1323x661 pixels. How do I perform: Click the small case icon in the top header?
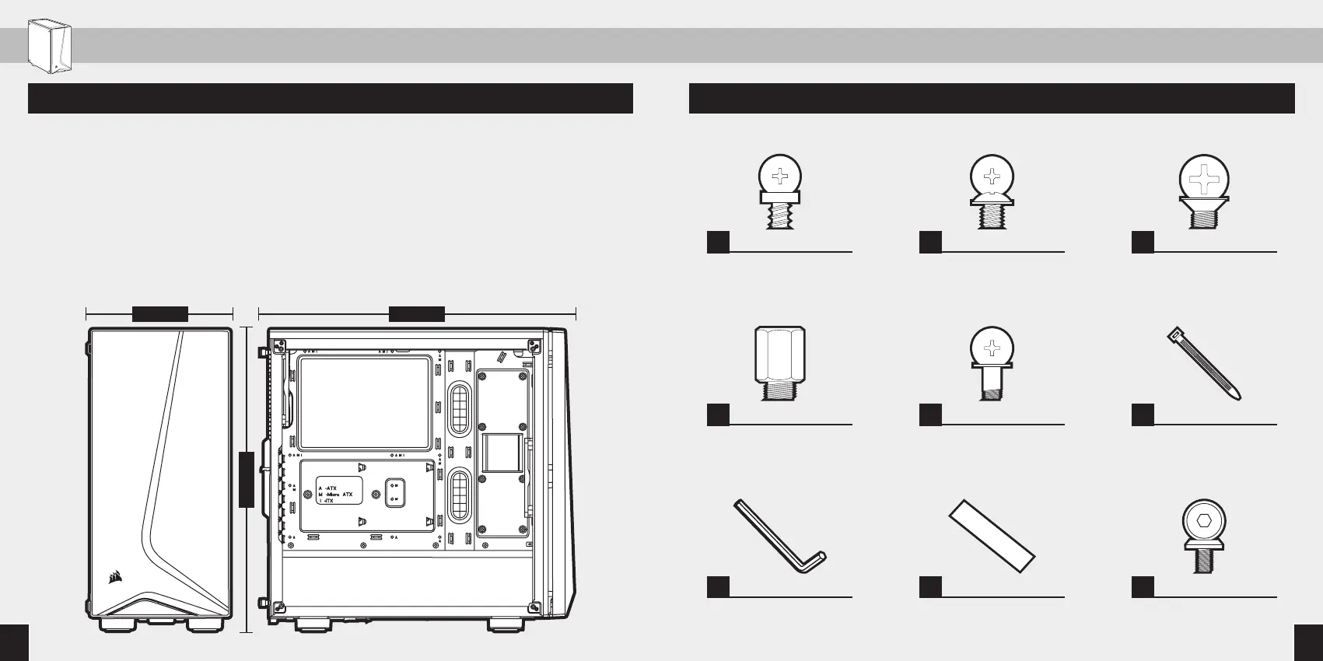point(49,47)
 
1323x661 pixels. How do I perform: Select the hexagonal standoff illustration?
point(779,362)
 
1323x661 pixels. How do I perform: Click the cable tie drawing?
point(1204,364)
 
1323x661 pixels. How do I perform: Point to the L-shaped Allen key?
point(779,537)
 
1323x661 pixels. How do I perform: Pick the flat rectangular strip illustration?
point(992,536)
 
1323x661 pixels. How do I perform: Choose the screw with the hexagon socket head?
point(1204,535)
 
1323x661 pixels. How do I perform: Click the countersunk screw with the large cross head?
point(1204,191)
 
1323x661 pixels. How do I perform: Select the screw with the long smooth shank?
point(992,362)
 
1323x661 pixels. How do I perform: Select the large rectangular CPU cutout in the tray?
point(364,403)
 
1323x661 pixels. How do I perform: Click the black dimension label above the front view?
point(159,313)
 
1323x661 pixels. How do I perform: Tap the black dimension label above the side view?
point(416,313)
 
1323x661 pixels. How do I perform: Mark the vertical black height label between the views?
point(247,479)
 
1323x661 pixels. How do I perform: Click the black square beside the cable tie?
point(1143,414)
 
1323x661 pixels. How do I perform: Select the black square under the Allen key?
point(718,587)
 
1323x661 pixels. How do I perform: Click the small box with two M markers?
point(395,491)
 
